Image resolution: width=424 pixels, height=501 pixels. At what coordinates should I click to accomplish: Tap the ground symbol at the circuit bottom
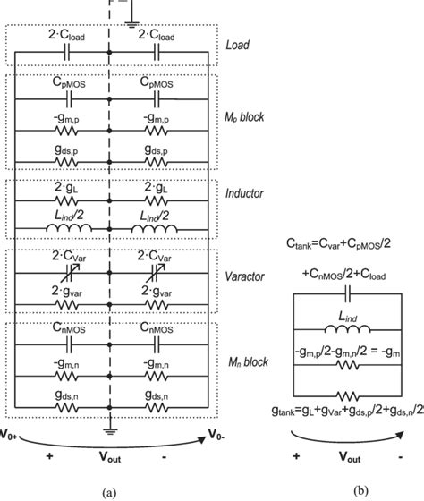109,427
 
